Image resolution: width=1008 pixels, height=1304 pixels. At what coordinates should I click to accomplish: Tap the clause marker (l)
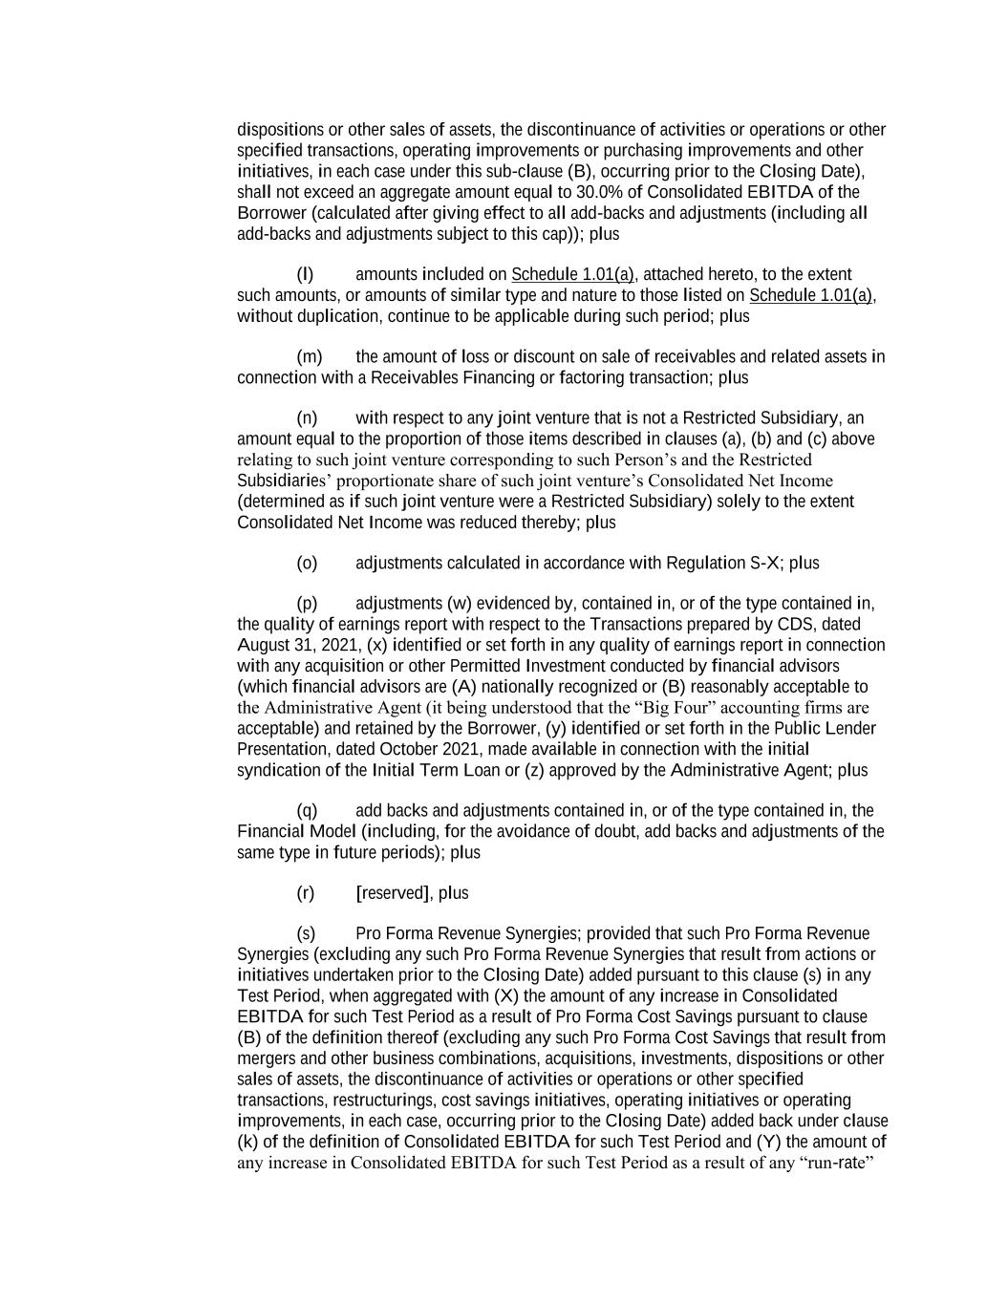pos(306,275)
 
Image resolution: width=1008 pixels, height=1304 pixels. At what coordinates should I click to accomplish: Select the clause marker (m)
pos(310,357)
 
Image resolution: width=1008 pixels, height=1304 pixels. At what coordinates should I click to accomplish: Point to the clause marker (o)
pos(307,564)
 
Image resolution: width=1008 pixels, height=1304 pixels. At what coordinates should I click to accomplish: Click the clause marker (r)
pos(306,893)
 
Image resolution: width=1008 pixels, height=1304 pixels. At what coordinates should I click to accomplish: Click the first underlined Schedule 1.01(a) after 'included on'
pos(572,275)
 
